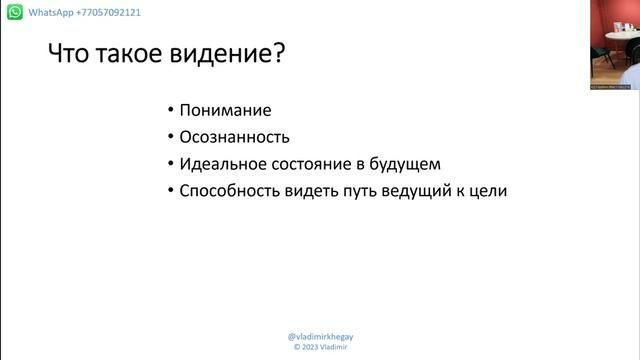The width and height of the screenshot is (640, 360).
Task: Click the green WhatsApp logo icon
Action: tap(14, 13)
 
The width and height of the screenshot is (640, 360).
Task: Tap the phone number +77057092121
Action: tap(98, 13)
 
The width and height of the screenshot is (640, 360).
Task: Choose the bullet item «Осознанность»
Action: tap(234, 137)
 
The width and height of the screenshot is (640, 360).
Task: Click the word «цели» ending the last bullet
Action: tap(489, 190)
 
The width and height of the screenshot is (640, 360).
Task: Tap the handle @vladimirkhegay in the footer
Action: tap(320, 337)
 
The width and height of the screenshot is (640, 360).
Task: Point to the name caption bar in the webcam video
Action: tap(610, 87)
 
